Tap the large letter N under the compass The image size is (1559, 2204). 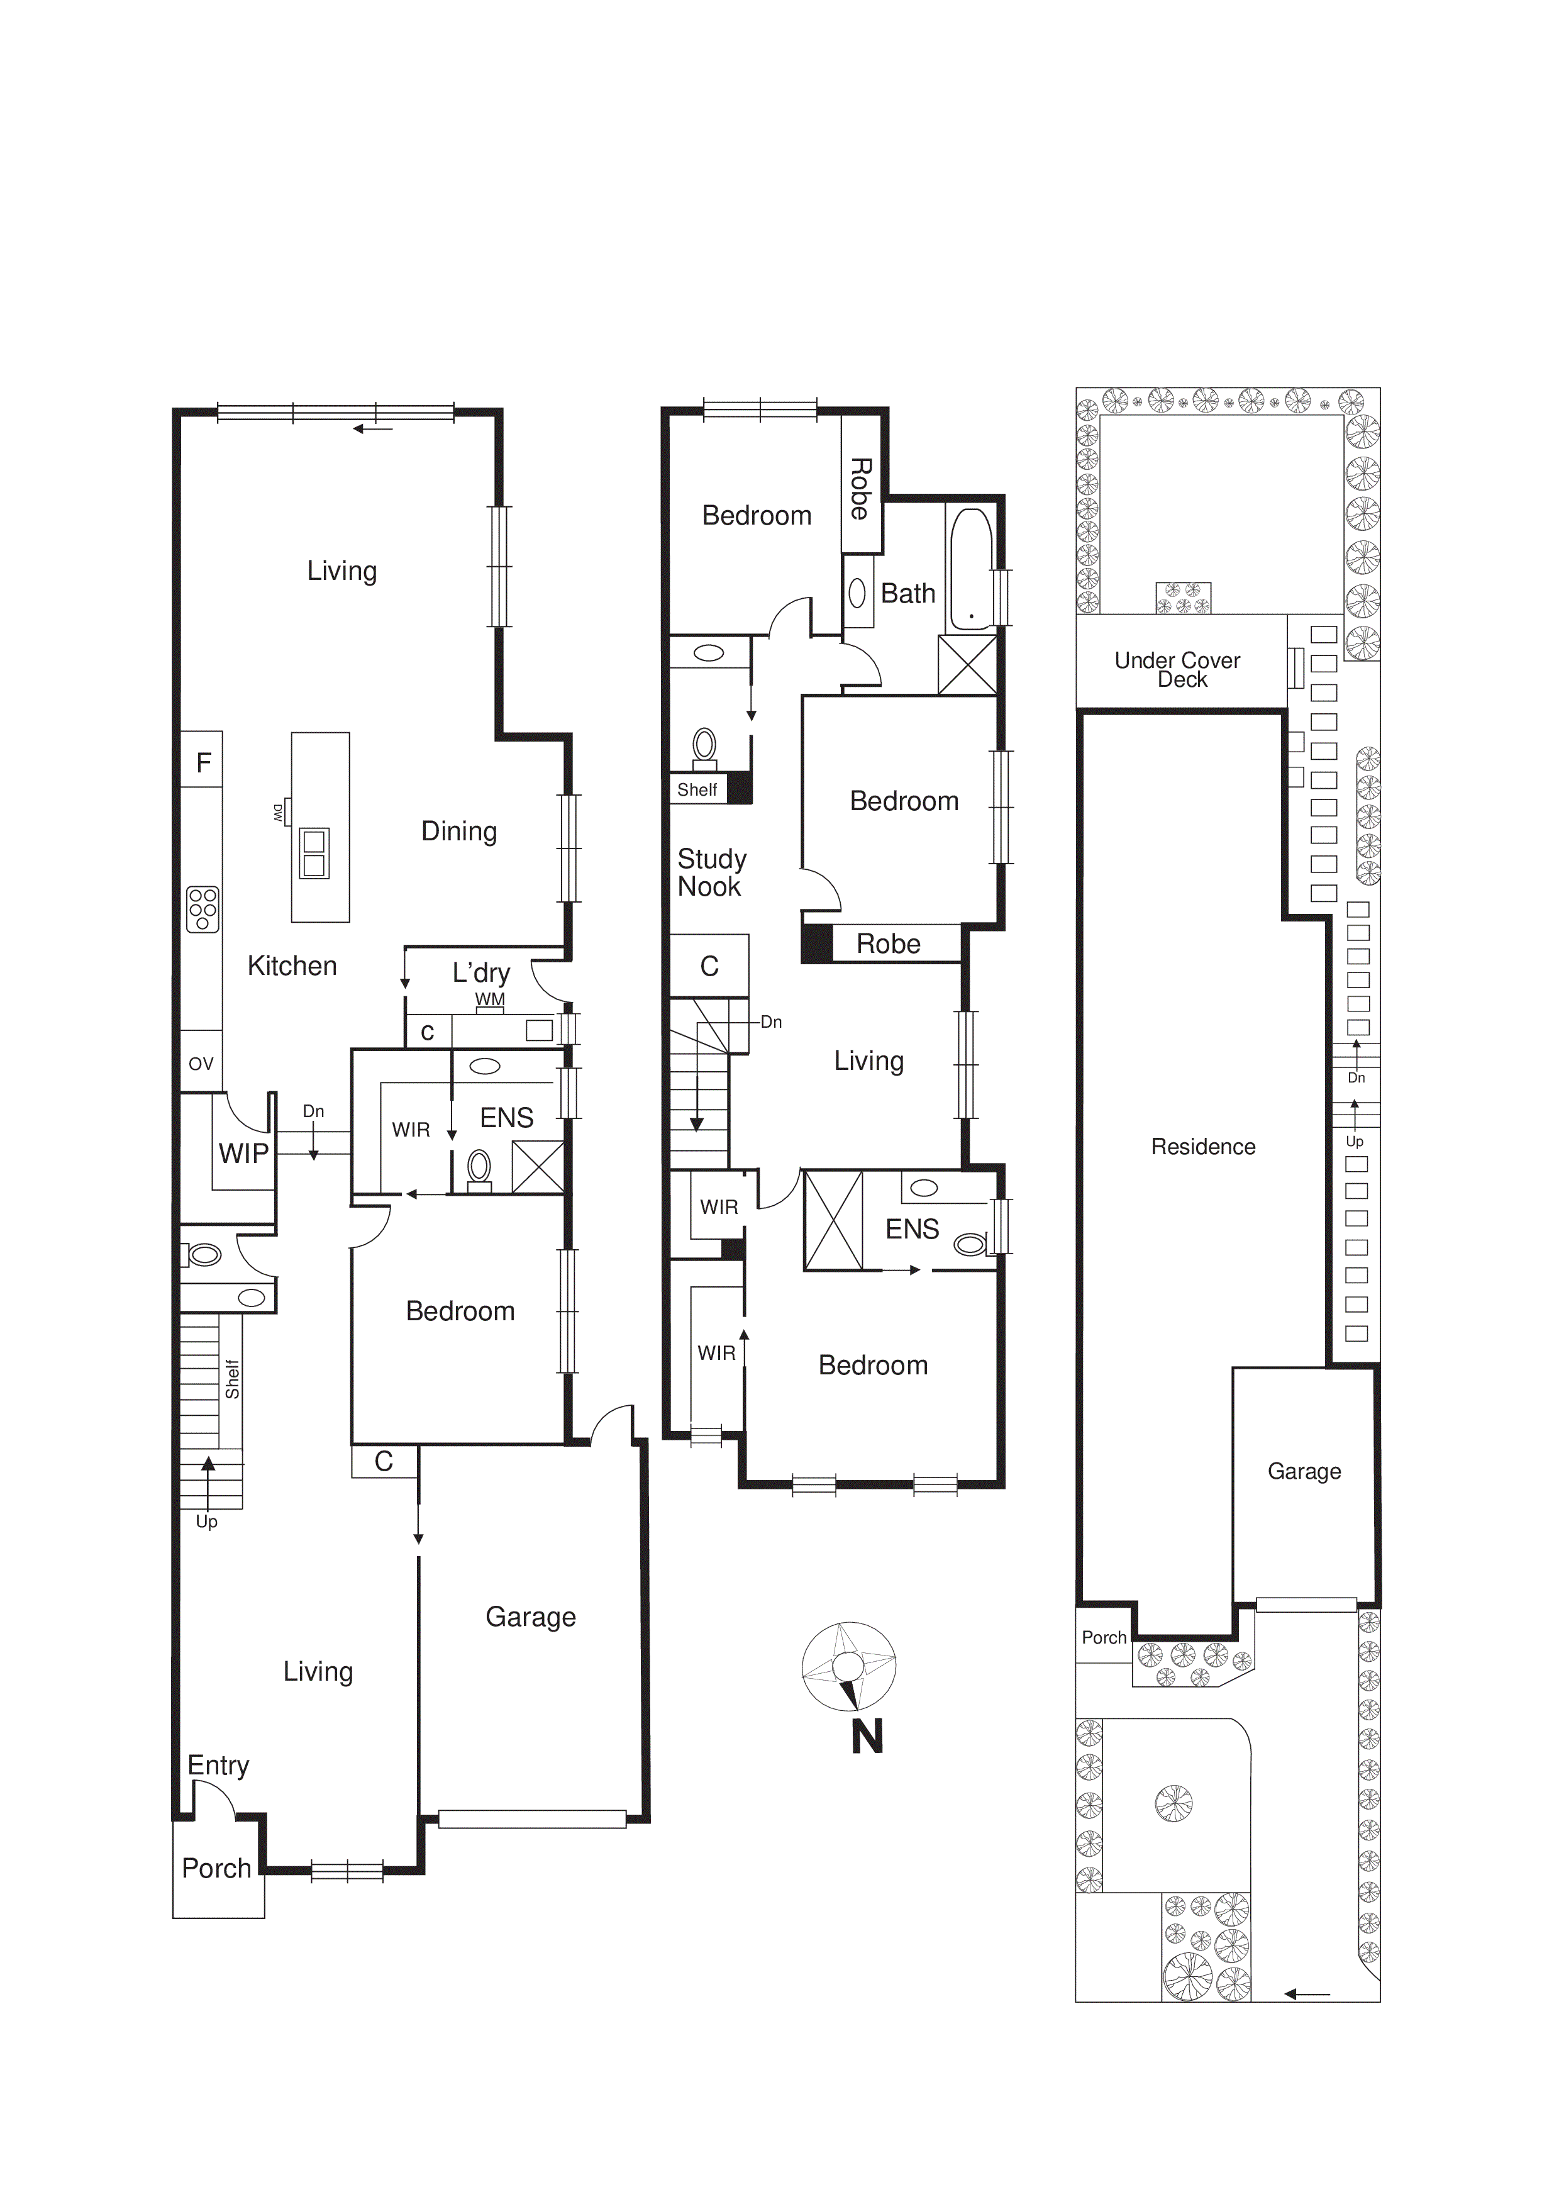click(867, 1737)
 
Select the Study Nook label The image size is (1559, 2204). click(711, 872)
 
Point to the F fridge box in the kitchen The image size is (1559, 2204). click(203, 762)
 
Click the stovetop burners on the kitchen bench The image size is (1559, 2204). click(203, 908)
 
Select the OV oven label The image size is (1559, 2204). click(201, 1064)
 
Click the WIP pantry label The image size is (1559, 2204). click(243, 1153)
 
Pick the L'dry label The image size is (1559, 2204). click(481, 972)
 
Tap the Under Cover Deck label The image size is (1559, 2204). click(1178, 669)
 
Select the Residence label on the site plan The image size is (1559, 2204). click(1203, 1146)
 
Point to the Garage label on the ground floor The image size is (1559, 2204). click(530, 1617)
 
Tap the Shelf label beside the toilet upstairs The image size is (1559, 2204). click(696, 789)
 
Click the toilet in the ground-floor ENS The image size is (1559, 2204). click(478, 1168)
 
